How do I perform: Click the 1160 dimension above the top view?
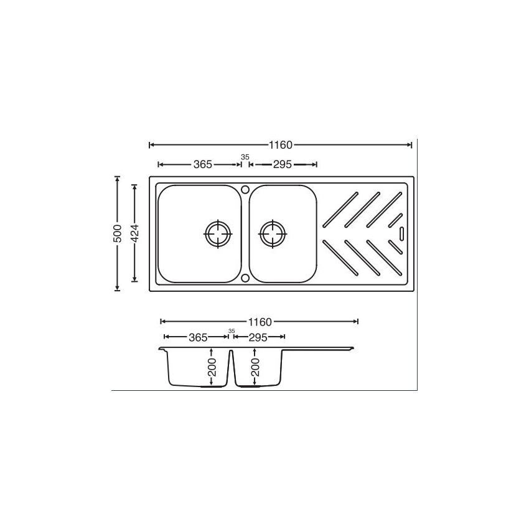point(281,145)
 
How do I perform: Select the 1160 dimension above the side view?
point(260,322)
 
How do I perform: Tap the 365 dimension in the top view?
point(202,164)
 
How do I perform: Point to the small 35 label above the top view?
point(245,157)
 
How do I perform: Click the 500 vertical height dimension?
point(117,233)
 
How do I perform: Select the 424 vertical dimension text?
point(134,233)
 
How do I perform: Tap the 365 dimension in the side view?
point(197,337)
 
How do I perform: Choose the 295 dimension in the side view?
point(258,337)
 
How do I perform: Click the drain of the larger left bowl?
point(218,234)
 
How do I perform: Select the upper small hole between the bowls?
point(245,189)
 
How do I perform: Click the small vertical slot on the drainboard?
point(401,234)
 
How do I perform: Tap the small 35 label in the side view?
point(232,330)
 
